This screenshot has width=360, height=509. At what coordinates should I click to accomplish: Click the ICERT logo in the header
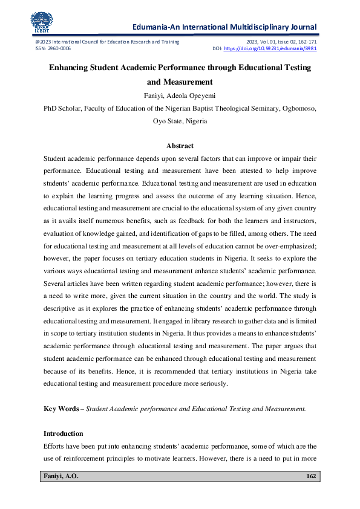tap(42, 22)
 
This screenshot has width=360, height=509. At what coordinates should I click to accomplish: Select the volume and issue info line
tap(281, 41)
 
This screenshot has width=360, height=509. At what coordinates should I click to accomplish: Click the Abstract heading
tap(180, 146)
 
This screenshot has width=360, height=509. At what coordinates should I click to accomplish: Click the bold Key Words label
tap(61, 409)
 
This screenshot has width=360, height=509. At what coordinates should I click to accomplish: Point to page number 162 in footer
tap(311, 477)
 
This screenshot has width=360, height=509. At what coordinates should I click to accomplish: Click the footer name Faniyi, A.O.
tap(61, 477)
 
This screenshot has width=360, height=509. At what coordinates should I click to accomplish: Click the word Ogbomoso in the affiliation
tap(296, 109)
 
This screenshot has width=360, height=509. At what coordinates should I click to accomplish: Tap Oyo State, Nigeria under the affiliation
tap(180, 121)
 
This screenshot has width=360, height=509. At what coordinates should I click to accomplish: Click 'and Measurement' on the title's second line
tap(180, 82)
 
